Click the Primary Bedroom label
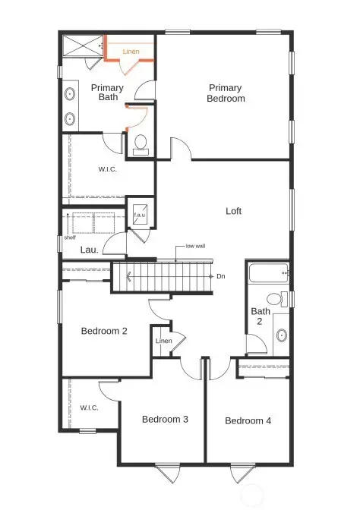tap(226, 93)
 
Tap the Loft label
tap(233, 211)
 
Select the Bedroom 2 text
tap(104, 331)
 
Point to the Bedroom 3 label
tap(165, 420)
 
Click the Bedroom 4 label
tap(248, 420)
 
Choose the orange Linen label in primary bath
tap(132, 52)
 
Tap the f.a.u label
tap(140, 216)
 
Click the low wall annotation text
tap(195, 247)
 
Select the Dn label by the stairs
tap(221, 276)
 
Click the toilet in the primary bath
tap(141, 143)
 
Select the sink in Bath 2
tap(281, 334)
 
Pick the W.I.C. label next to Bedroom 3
tap(90, 407)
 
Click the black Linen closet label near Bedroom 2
tap(163, 341)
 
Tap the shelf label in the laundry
tap(70, 236)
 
